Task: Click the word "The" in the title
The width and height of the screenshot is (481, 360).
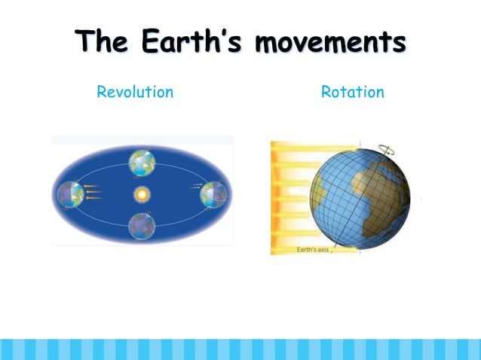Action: point(103,42)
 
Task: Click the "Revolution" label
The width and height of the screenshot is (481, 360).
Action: point(135,93)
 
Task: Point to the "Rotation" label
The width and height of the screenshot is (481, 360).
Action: point(352,93)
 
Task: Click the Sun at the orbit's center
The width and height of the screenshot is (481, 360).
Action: point(142,194)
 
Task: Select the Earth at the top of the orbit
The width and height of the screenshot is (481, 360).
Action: point(142,160)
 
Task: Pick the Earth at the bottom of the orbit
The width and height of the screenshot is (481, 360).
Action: point(142,225)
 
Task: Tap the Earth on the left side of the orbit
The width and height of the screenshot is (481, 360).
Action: point(70,194)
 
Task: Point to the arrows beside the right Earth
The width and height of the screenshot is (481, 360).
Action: point(194,186)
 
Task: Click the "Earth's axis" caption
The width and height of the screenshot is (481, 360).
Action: point(314,249)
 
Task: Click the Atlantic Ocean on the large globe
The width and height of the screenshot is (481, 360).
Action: point(339,207)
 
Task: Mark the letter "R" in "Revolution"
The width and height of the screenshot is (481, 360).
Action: point(101,93)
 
